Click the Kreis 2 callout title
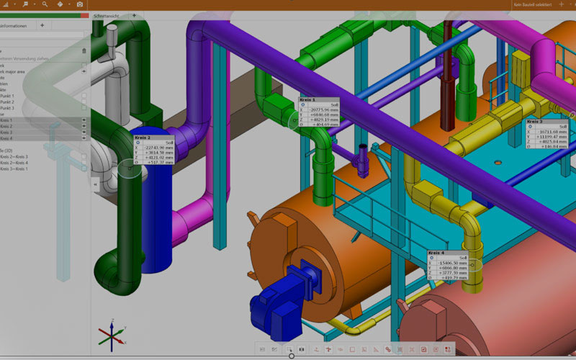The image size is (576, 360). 142,137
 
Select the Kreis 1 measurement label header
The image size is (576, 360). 307,100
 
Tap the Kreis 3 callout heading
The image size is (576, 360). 536,121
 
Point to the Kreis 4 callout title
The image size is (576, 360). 436,253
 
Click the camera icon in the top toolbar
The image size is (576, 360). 80,4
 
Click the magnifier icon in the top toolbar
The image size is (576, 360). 45,4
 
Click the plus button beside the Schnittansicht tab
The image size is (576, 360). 133,15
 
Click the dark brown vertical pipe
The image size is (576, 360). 449,72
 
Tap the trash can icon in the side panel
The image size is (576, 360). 84,50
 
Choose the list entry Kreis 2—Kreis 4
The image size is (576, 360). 14,163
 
